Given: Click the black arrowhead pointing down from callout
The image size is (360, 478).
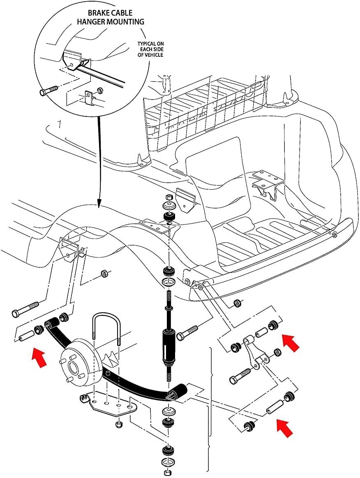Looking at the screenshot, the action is [x=99, y=203].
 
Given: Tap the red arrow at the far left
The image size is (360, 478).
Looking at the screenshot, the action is [x=39, y=357].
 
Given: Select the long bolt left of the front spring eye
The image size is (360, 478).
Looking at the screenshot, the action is [x=25, y=309].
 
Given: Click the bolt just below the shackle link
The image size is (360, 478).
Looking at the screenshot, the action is [x=240, y=375].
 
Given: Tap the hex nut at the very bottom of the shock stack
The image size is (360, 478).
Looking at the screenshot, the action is [x=167, y=473].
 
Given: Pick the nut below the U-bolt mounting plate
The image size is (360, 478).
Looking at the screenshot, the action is [x=120, y=425].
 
